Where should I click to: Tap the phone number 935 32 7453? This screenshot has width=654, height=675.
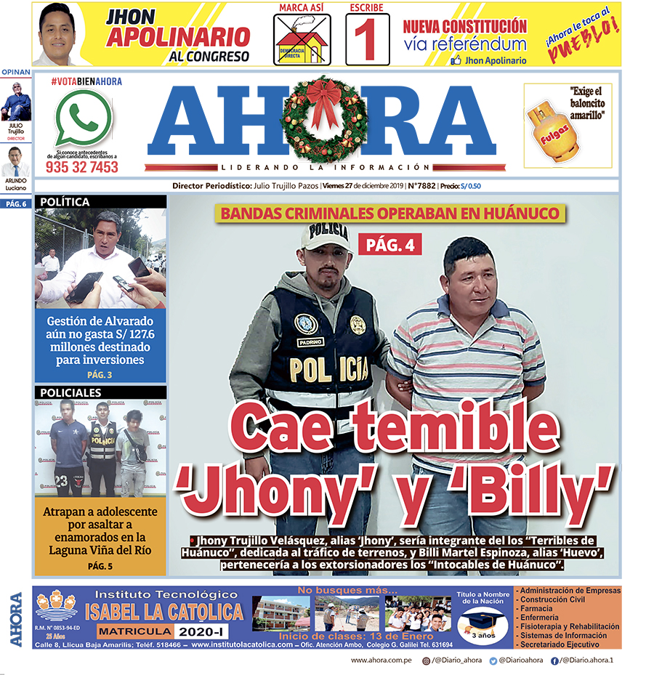pyautogui.click(x=81, y=167)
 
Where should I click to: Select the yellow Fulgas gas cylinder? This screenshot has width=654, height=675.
pyautogui.click(x=553, y=130)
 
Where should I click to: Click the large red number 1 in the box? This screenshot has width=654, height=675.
pyautogui.click(x=368, y=40)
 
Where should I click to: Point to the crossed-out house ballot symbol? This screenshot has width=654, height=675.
pyautogui.click(x=302, y=40)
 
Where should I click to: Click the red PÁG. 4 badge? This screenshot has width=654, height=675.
pyautogui.click(x=389, y=245)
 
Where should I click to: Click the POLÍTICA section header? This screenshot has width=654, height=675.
pyautogui.click(x=65, y=202)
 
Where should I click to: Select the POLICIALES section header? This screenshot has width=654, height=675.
pyautogui.click(x=70, y=392)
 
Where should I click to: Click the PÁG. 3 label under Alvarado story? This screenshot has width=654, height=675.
pyautogui.click(x=100, y=375)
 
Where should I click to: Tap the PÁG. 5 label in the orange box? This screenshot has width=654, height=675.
pyautogui.click(x=100, y=565)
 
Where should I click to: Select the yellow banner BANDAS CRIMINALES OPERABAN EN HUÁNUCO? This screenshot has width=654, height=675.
pyautogui.click(x=390, y=214)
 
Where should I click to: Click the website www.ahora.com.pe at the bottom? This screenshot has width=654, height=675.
pyautogui.click(x=381, y=660)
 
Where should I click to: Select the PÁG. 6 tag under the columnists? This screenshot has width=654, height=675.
pyautogui.click(x=16, y=204)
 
